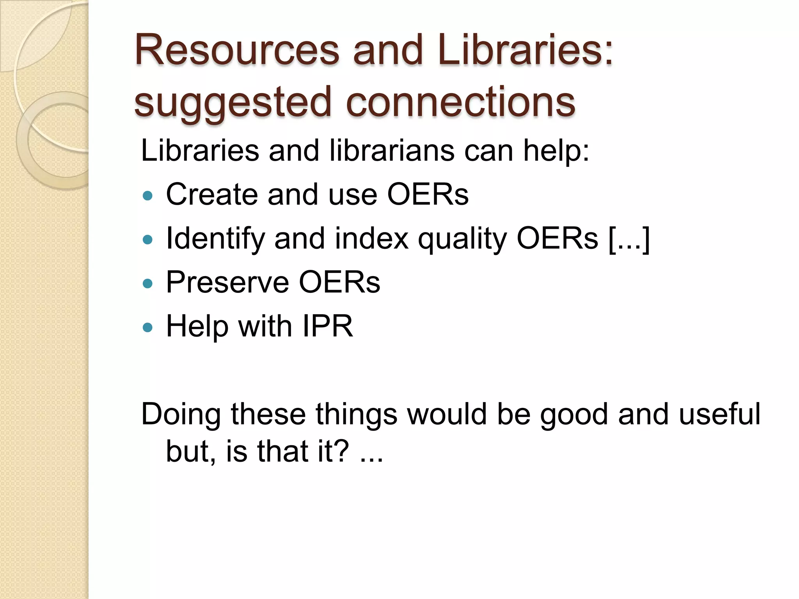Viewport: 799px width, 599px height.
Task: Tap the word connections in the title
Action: (x=460, y=102)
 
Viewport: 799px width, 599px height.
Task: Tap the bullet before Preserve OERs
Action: (x=147, y=283)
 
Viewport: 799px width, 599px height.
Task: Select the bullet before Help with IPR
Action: (x=147, y=327)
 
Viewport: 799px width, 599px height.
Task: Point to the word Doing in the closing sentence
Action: (x=181, y=415)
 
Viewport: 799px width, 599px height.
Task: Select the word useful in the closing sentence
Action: (x=719, y=414)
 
